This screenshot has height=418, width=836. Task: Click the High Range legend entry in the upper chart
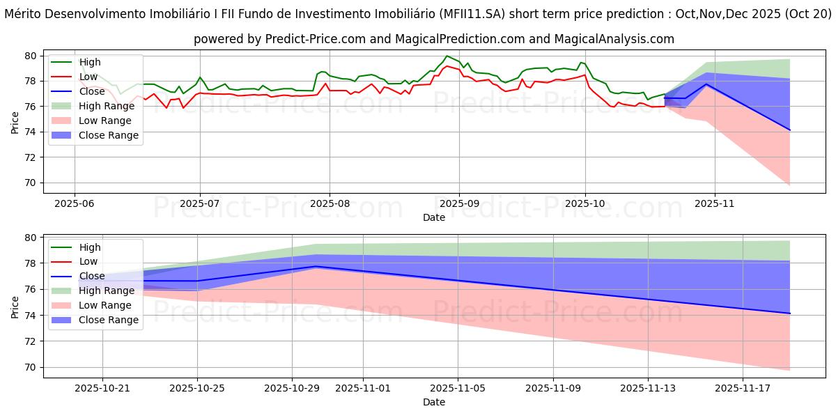click(x=107, y=106)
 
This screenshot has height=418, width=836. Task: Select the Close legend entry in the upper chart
click(x=91, y=91)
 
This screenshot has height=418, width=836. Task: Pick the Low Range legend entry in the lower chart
click(x=106, y=305)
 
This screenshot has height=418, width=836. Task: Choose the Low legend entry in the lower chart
click(x=89, y=261)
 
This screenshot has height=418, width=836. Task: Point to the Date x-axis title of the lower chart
click(x=433, y=402)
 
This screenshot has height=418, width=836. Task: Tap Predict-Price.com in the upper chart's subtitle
click(x=298, y=39)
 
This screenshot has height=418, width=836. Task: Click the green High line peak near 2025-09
click(x=447, y=56)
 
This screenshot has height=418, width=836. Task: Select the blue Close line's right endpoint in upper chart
click(x=790, y=130)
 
